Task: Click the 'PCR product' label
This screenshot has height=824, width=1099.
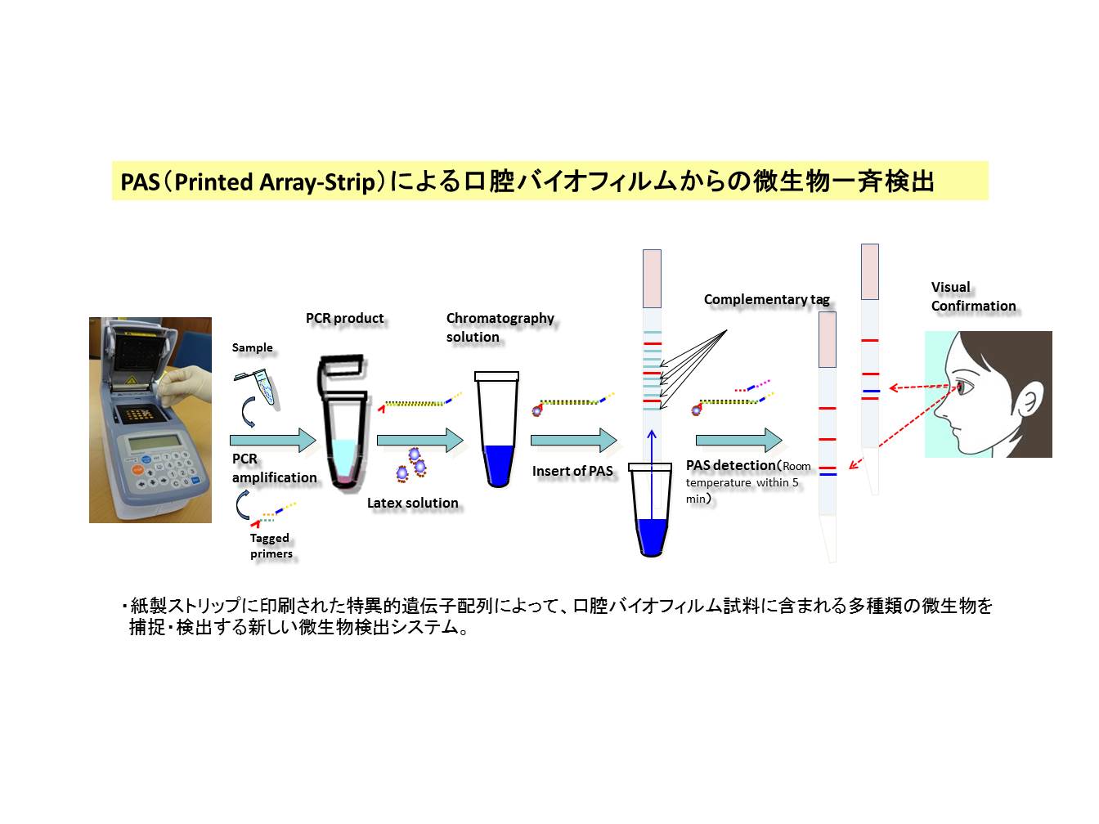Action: pos(344,318)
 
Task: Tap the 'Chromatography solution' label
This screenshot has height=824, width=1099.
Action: pos(500,327)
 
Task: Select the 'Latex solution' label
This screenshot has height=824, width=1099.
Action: pos(413,502)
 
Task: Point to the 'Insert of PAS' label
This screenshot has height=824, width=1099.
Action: pos(572,471)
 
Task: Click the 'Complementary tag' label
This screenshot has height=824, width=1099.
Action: pos(766,299)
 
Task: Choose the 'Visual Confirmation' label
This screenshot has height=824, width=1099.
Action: pos(973,296)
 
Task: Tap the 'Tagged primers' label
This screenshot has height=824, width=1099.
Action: pos(271,545)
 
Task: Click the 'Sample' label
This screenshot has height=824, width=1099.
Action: pos(252,347)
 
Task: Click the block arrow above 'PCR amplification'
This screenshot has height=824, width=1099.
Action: pos(273,440)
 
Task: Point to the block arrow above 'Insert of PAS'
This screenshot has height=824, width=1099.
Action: pos(574,440)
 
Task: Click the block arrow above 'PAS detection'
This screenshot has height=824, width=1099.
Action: pos(739,440)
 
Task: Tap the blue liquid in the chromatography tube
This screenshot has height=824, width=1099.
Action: pos(498,464)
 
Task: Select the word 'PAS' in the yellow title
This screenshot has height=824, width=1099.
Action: pos(140,181)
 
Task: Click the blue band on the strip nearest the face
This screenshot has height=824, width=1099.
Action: pos(871,391)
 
